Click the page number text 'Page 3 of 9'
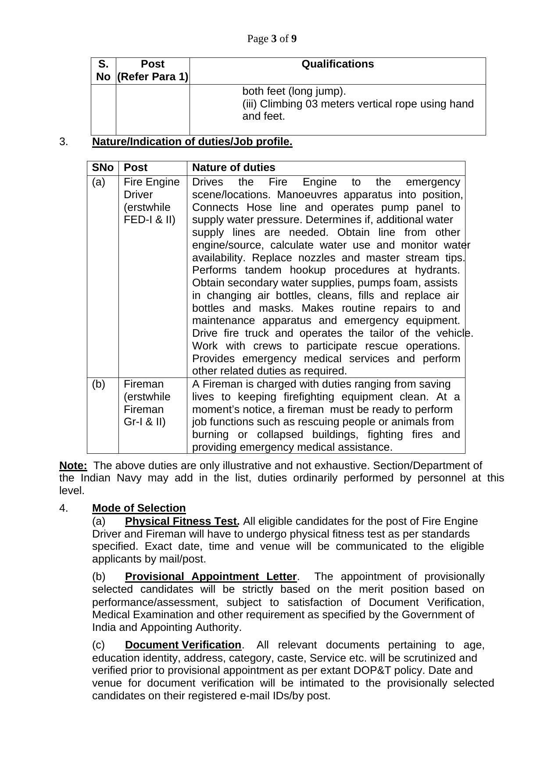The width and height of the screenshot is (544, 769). (x=272, y=39)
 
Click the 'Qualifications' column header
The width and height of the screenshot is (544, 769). (x=337, y=64)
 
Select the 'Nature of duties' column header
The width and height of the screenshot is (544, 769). (x=233, y=167)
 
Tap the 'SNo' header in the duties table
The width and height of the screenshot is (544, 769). (x=103, y=167)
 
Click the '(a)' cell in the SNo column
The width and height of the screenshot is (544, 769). (x=99, y=182)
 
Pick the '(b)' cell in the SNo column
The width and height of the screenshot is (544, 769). (x=99, y=384)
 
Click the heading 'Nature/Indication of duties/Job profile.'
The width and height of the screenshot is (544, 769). (x=192, y=142)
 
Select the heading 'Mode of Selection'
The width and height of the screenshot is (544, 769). (x=139, y=508)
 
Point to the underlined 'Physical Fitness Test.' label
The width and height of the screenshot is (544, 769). (x=182, y=521)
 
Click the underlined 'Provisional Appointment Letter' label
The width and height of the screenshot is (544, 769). (x=211, y=577)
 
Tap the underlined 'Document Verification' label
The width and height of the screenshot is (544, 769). (x=183, y=645)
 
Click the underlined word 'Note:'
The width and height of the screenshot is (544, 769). (x=73, y=465)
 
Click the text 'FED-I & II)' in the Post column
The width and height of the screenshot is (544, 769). (x=149, y=220)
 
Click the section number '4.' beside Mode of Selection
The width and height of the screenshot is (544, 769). (x=64, y=508)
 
